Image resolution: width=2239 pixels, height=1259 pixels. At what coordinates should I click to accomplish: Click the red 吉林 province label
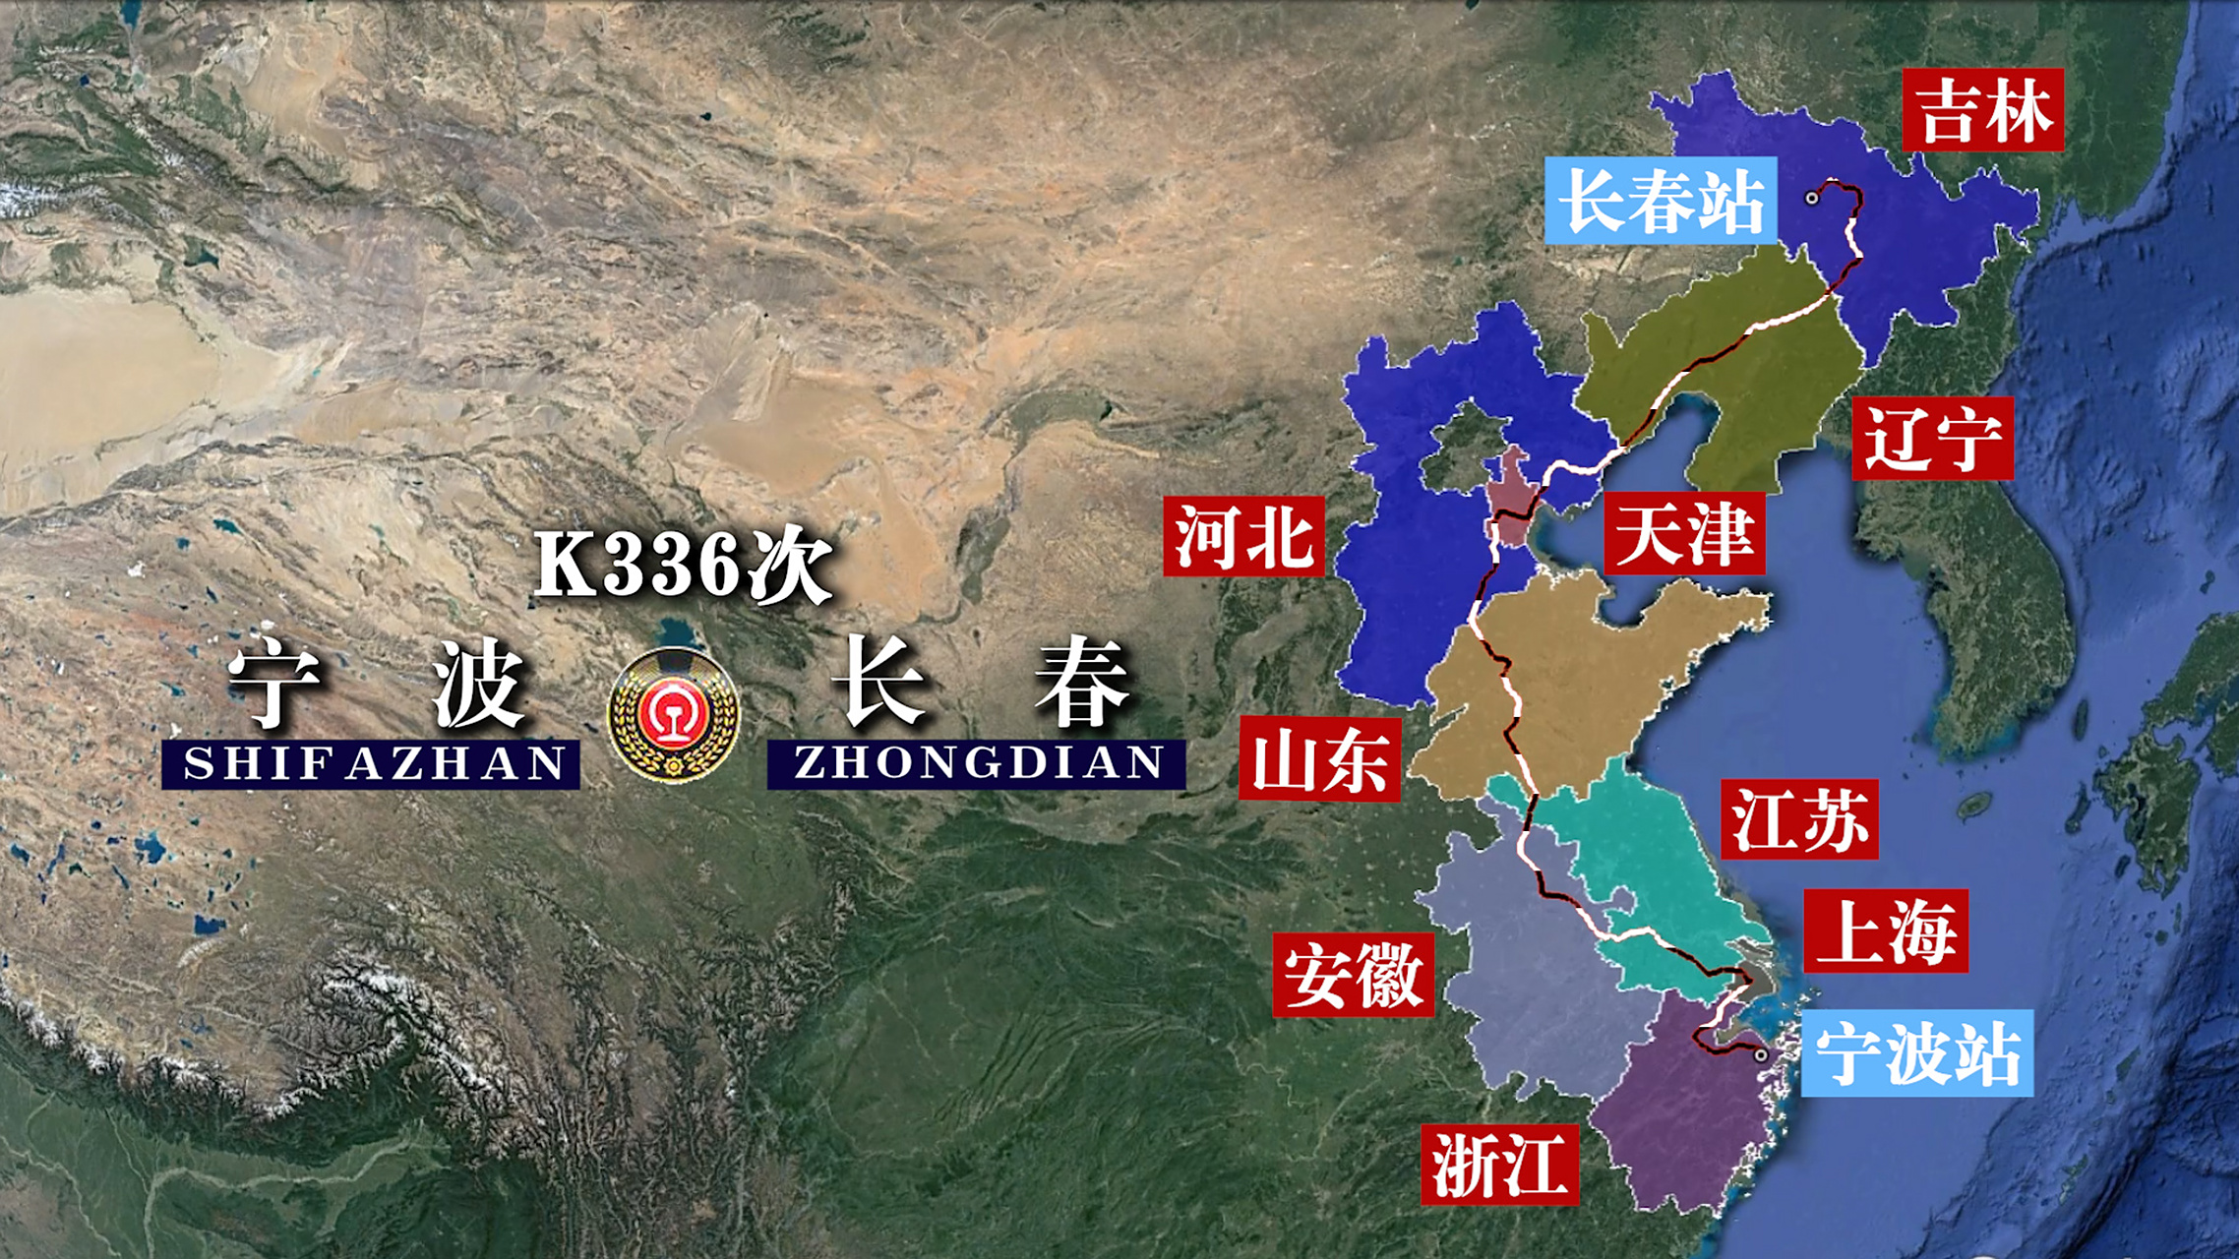(x=1982, y=109)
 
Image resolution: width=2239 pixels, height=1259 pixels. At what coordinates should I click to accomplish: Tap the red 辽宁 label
(x=1932, y=439)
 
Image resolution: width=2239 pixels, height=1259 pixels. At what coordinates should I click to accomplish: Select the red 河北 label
(x=1243, y=536)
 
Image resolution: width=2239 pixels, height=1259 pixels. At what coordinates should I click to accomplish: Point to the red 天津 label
(x=1684, y=534)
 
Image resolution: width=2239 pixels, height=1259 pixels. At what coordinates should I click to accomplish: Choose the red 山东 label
(x=1319, y=759)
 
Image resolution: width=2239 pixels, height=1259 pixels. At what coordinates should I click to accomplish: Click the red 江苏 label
(x=1799, y=819)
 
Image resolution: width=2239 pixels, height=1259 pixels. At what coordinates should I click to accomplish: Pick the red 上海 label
(x=1886, y=930)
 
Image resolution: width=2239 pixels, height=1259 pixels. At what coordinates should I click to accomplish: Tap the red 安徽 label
(x=1353, y=975)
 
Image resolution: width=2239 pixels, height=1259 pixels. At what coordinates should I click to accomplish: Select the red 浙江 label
(x=1499, y=1165)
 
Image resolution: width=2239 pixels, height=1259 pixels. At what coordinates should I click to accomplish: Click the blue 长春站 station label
(x=1661, y=201)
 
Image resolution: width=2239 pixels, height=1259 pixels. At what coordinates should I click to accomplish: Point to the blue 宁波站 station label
(x=1917, y=1053)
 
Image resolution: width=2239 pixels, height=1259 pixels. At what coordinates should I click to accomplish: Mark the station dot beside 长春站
(x=1811, y=198)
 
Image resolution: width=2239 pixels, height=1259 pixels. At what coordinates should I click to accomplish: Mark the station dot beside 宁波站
(x=1761, y=1055)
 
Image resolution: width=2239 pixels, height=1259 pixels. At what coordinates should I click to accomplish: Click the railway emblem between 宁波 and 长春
(x=674, y=715)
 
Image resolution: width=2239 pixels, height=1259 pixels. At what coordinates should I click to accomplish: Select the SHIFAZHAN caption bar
(x=371, y=764)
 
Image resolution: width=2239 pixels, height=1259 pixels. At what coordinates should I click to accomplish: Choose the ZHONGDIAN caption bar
(x=976, y=764)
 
